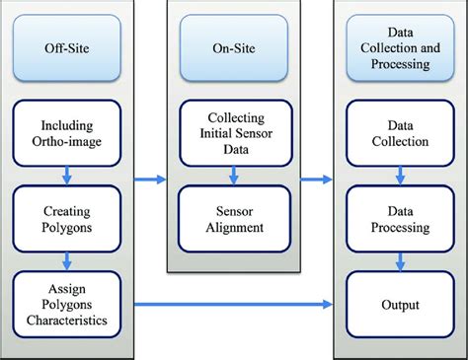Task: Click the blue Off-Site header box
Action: [x=65, y=46]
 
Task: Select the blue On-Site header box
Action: [x=233, y=46]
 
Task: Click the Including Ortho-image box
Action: [x=65, y=133]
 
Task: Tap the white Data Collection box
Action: [x=400, y=133]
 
